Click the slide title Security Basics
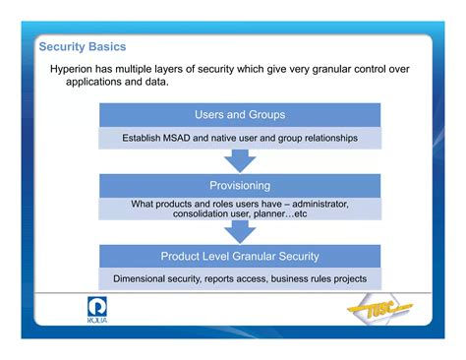click(x=82, y=47)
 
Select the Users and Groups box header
click(x=240, y=114)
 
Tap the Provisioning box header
click(x=240, y=185)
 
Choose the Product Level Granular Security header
click(x=240, y=257)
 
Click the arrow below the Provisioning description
click(x=240, y=230)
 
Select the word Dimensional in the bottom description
click(x=145, y=278)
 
